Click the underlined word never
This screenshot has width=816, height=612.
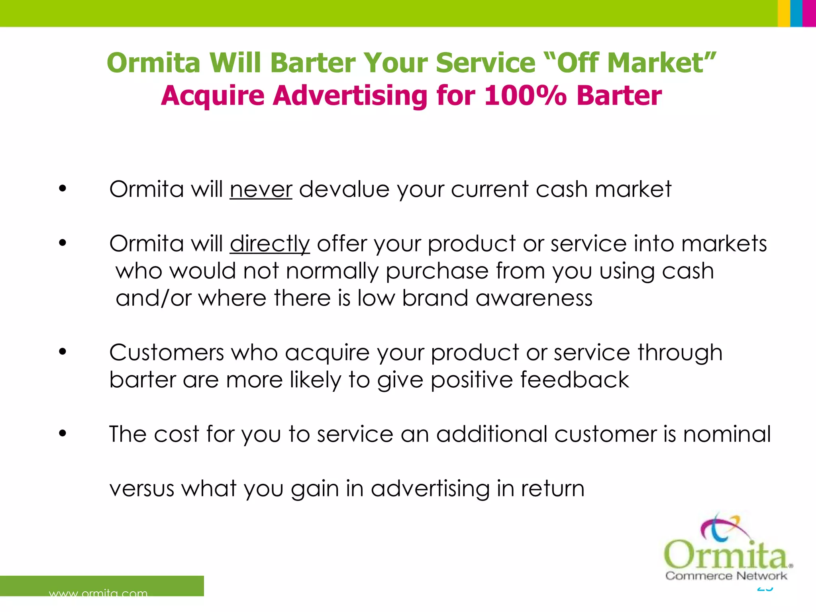261,189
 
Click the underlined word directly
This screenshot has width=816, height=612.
270,244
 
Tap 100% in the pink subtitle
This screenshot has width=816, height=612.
525,96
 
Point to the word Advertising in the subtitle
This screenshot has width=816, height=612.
349,96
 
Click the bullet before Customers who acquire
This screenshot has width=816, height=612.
62,351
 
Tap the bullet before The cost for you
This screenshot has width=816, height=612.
62,433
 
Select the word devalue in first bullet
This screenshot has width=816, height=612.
344,189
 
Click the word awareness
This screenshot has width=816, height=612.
534,298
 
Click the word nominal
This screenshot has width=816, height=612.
727,434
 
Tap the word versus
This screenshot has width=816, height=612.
142,489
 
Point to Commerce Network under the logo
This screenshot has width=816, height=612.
726,576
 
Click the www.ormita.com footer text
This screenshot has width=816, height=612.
98,593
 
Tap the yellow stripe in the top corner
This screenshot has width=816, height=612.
783,13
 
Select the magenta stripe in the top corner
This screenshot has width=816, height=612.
809,13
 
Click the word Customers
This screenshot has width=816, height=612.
167,353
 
